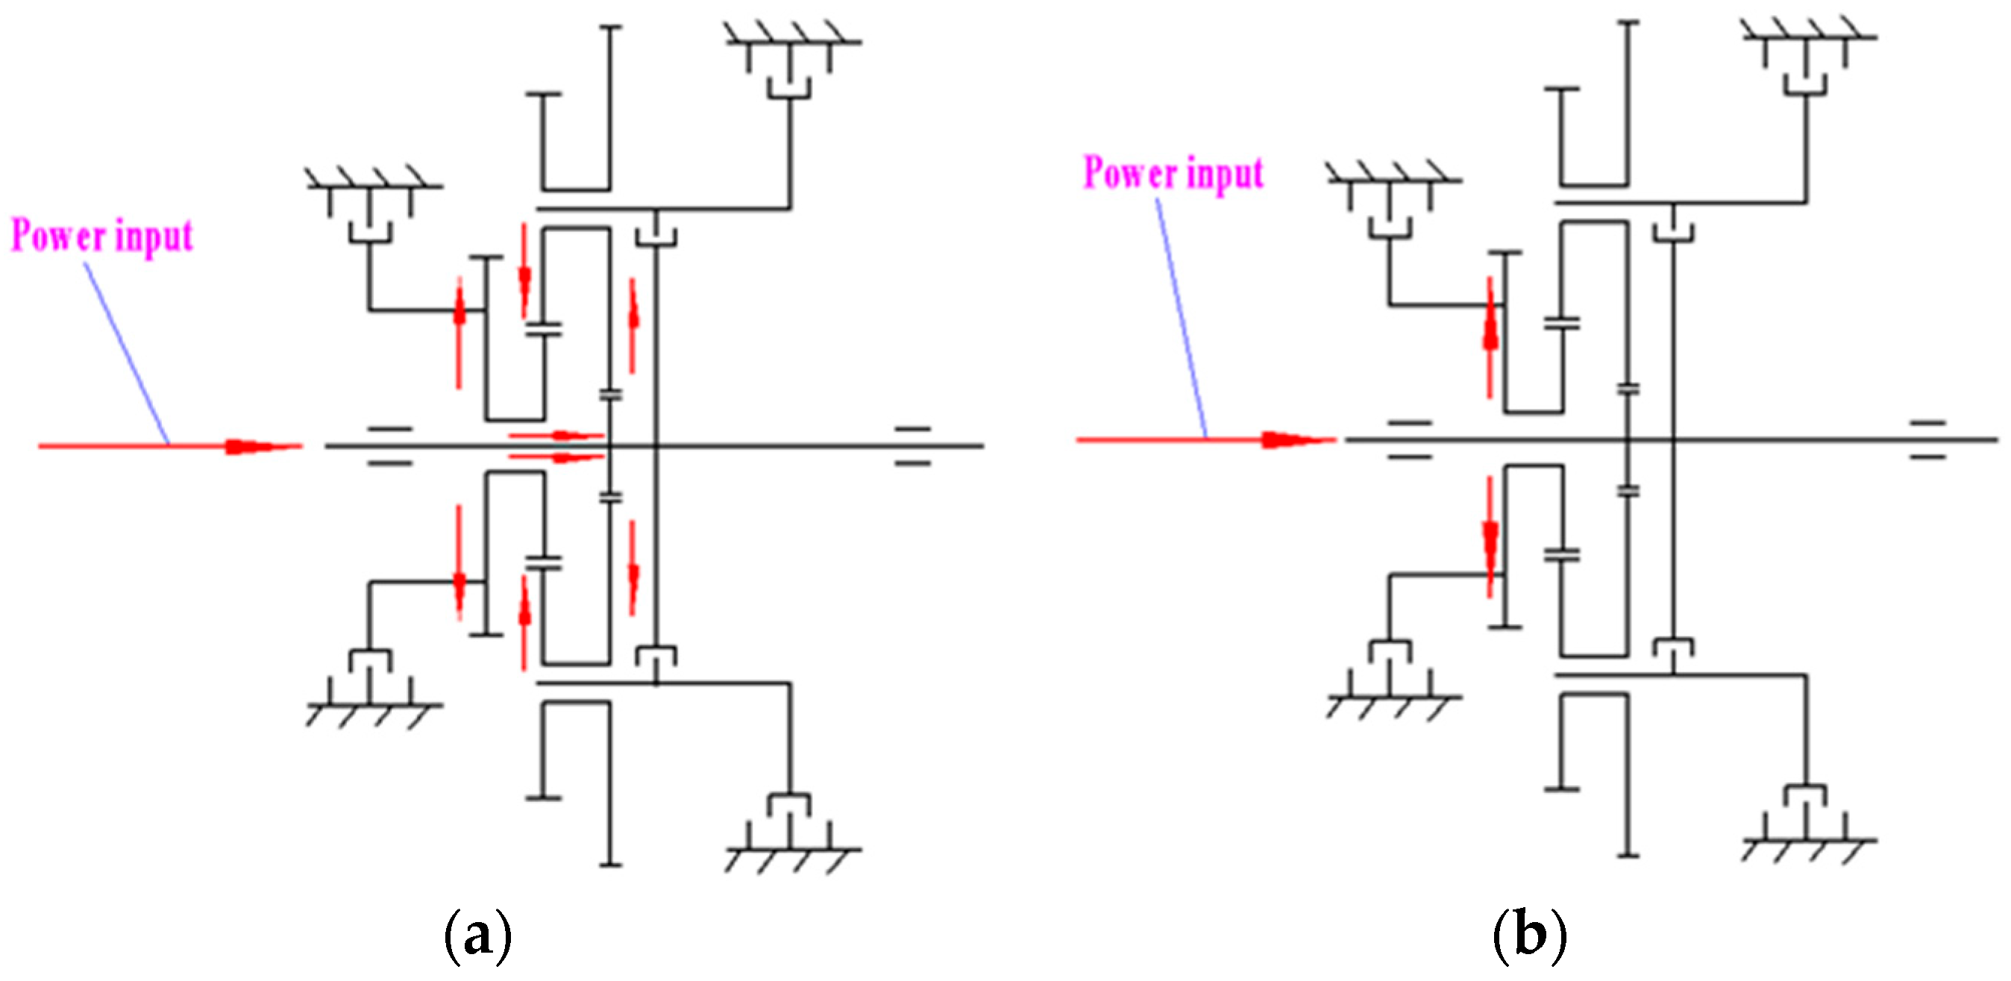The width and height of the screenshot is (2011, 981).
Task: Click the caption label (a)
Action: (x=478, y=935)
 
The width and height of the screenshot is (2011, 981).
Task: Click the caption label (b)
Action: (x=1528, y=935)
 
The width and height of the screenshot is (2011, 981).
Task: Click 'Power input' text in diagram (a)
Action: (x=101, y=235)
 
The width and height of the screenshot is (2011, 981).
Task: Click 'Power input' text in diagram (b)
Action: (x=1173, y=172)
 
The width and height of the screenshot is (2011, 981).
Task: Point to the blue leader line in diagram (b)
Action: (x=1180, y=313)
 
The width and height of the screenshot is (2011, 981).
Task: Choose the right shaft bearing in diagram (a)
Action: (x=912, y=446)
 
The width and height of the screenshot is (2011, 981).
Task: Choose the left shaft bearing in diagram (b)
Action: (x=1410, y=439)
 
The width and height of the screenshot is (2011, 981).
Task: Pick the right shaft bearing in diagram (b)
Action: (x=1927, y=439)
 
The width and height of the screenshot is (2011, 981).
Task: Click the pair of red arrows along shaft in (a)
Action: (x=556, y=445)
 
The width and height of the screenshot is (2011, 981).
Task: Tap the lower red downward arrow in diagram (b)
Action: (x=1491, y=539)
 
